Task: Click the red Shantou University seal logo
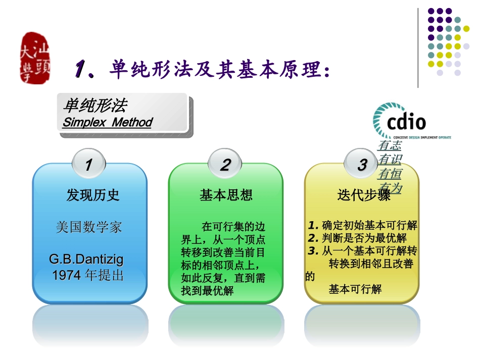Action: (35, 58)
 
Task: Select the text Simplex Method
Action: (107, 123)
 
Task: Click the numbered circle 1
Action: (88, 165)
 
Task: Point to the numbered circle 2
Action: (225, 165)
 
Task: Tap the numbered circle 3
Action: (362, 165)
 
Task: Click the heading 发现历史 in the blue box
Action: (93, 195)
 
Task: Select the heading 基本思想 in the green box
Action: (226, 195)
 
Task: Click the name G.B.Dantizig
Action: (86, 260)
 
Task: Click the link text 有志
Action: (389, 146)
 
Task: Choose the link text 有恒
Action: (389, 174)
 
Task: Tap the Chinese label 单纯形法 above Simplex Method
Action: (95, 106)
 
